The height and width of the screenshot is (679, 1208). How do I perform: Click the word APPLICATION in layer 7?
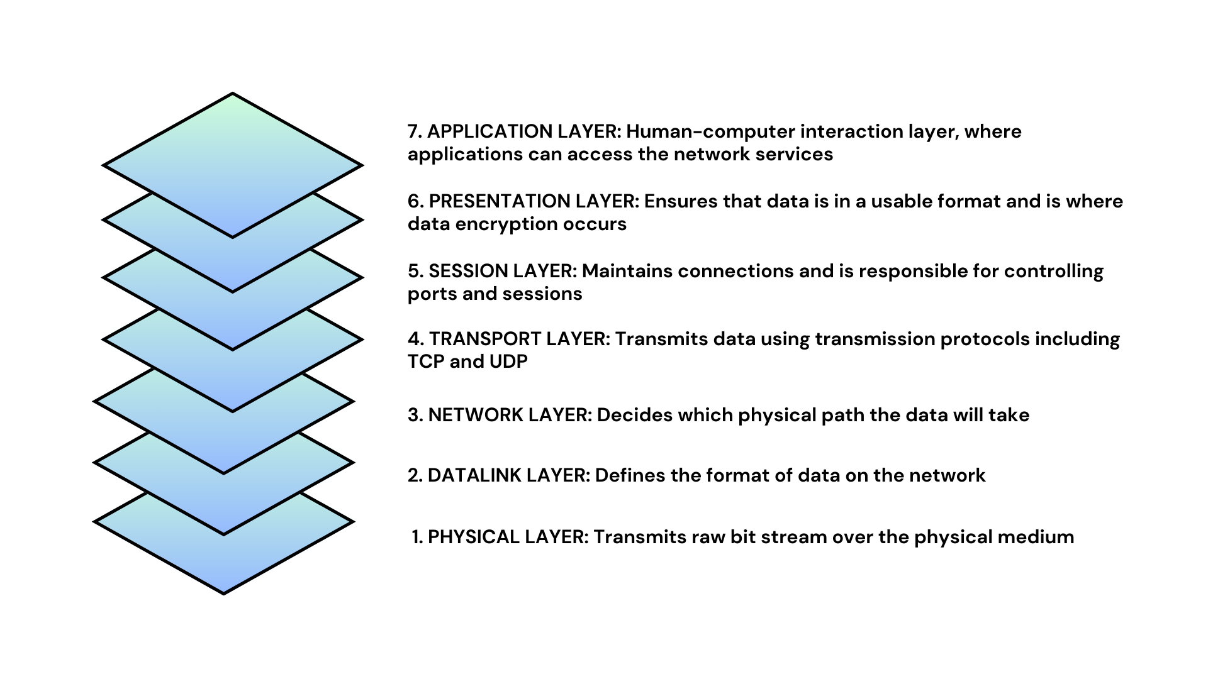click(x=489, y=132)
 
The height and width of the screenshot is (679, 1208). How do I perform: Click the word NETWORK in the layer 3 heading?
click(x=475, y=416)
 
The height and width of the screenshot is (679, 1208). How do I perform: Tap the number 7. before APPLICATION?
click(x=414, y=132)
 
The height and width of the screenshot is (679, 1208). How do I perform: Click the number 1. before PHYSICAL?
click(x=418, y=538)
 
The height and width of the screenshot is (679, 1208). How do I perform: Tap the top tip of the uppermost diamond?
click(x=233, y=95)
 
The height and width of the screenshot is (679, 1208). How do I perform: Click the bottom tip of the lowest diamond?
click(x=224, y=592)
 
